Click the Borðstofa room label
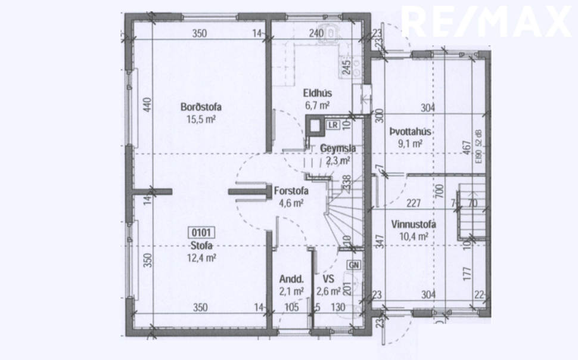pos(201,108)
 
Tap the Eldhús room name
pos(318,94)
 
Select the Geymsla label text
pos(338,149)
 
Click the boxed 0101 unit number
pos(201,233)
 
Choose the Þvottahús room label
pos(410,132)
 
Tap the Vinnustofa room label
pos(414,225)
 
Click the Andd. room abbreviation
pos(291,279)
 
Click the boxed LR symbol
pos(332,125)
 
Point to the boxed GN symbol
pos(354,265)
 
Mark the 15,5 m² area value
pos(201,119)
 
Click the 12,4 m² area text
pos(201,257)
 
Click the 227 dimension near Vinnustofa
pos(414,203)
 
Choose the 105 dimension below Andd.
pos(291,308)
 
